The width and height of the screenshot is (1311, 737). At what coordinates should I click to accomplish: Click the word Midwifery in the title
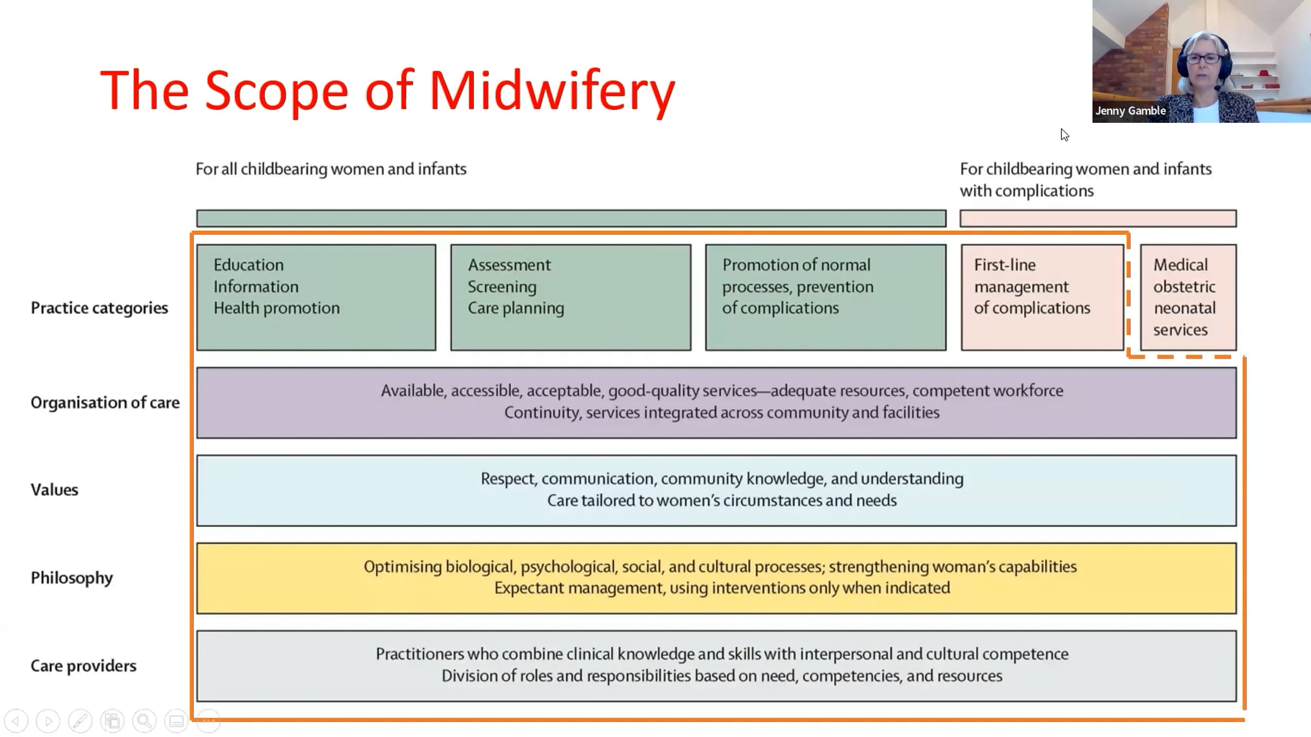(552, 91)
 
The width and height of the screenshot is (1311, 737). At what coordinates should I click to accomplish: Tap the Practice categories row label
(99, 308)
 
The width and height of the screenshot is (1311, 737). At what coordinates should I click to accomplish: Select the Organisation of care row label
(105, 402)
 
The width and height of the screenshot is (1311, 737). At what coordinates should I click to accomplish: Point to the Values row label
(55, 490)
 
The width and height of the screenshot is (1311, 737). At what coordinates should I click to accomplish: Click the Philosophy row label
(72, 578)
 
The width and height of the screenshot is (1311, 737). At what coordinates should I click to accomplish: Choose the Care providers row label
(84, 665)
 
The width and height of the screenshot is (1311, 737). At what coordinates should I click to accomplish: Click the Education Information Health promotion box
(316, 298)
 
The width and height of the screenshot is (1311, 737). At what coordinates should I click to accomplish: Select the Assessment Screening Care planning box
(571, 298)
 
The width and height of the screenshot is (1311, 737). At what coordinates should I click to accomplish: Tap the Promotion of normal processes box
(826, 298)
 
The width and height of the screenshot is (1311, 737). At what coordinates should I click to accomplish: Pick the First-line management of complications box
(1043, 298)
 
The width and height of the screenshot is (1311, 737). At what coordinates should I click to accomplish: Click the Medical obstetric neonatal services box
(1189, 298)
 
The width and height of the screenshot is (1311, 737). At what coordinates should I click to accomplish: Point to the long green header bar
(571, 218)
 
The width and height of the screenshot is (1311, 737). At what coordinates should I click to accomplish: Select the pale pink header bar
(1099, 218)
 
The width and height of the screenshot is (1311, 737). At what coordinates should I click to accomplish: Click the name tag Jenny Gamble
(1131, 111)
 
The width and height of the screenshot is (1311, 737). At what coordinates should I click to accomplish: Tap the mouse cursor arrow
(1065, 135)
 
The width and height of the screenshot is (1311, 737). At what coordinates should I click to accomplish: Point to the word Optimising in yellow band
(403, 567)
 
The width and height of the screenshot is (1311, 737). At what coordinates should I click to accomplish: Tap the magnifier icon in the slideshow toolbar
(144, 721)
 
